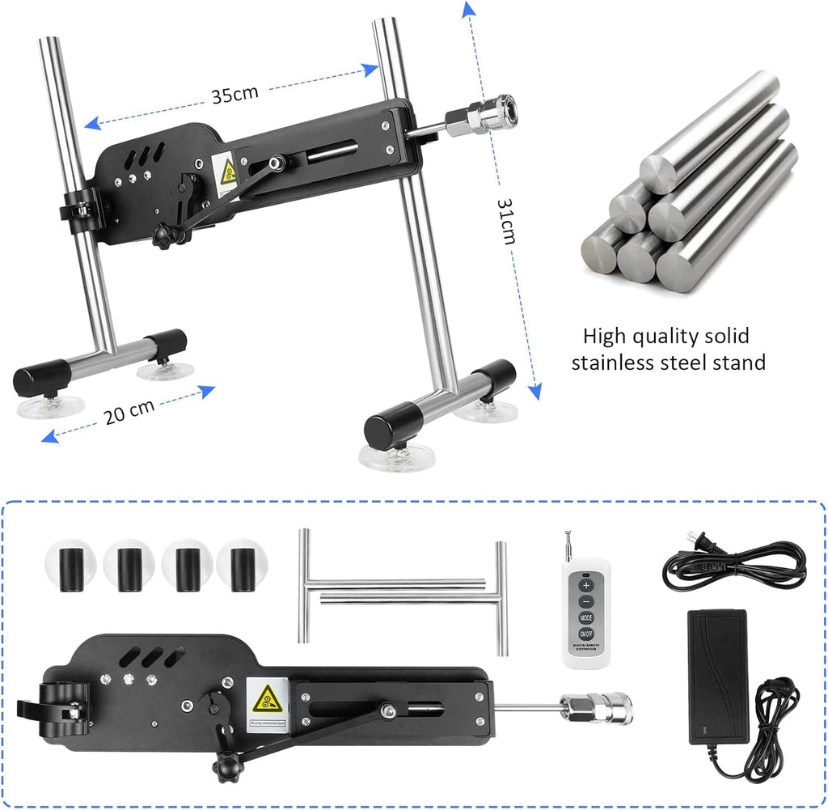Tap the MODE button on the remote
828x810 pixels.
click(x=585, y=617)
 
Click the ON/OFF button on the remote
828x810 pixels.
click(x=585, y=634)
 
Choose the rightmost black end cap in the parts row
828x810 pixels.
click(x=241, y=567)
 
